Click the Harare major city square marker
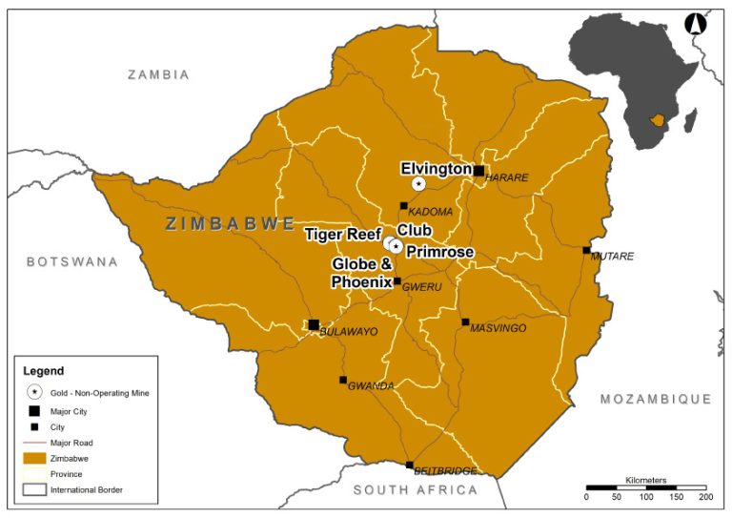(x=478, y=171)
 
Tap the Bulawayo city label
(x=348, y=331)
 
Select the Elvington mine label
(x=436, y=169)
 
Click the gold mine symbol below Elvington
(x=418, y=183)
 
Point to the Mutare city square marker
(x=586, y=250)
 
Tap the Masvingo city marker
(x=465, y=322)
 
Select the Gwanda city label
(x=371, y=386)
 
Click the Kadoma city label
(x=430, y=211)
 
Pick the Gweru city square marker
(x=397, y=281)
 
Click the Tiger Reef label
(x=342, y=234)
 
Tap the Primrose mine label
(x=439, y=252)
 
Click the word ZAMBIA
(x=159, y=74)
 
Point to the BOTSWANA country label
(x=71, y=261)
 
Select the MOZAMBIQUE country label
(x=656, y=399)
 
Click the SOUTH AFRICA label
(x=415, y=490)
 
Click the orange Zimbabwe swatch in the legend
(x=34, y=458)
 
